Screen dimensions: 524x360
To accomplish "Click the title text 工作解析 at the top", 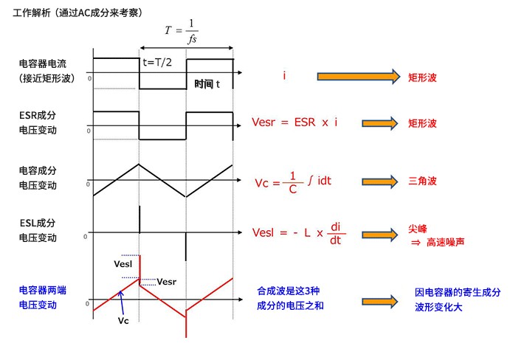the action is click(32, 13).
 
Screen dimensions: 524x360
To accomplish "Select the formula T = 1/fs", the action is click(182, 32).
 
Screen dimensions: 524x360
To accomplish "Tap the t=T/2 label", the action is click(157, 63).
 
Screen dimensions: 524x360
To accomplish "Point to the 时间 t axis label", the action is click(207, 84).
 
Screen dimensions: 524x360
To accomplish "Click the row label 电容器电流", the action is click(43, 63).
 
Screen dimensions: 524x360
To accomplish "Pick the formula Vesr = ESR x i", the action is click(294, 122).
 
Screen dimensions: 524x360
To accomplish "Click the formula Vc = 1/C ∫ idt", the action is click(293, 182).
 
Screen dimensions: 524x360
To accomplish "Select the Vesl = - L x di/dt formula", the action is click(299, 233).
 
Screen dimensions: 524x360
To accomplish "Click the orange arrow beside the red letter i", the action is click(358, 77).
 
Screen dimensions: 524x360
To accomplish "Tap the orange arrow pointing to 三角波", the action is click(380, 181).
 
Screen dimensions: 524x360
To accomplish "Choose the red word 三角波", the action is click(422, 181).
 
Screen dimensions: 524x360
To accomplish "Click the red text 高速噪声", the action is click(445, 242).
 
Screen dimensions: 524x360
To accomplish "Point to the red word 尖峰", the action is click(418, 229).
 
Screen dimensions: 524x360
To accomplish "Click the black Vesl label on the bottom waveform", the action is click(123, 264).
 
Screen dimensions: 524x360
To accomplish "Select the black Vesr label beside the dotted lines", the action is click(166, 282).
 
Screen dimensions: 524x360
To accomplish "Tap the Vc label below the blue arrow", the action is click(123, 321).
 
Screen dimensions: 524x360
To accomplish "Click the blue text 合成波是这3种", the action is click(289, 291).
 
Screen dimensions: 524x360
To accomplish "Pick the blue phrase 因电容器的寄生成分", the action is click(458, 292).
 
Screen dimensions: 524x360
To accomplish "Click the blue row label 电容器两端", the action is click(43, 290).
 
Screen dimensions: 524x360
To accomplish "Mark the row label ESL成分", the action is click(38, 223).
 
